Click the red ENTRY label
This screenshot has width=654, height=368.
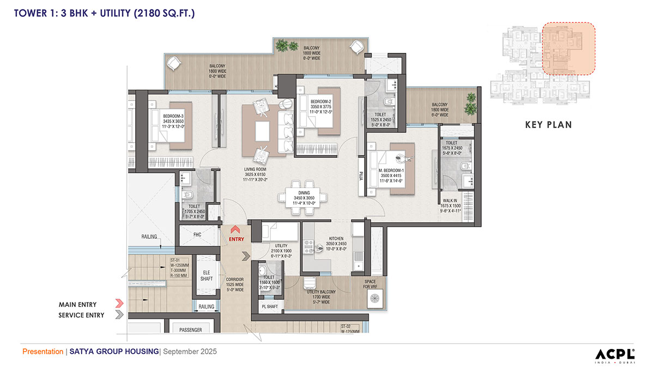click(x=237, y=239)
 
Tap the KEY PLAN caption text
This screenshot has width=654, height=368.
click(x=548, y=125)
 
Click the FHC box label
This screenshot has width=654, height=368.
click(x=198, y=235)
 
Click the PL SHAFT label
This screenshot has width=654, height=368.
click(x=270, y=306)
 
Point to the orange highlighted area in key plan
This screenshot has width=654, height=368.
click(x=568, y=49)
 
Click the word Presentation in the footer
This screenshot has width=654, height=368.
click(x=43, y=352)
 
